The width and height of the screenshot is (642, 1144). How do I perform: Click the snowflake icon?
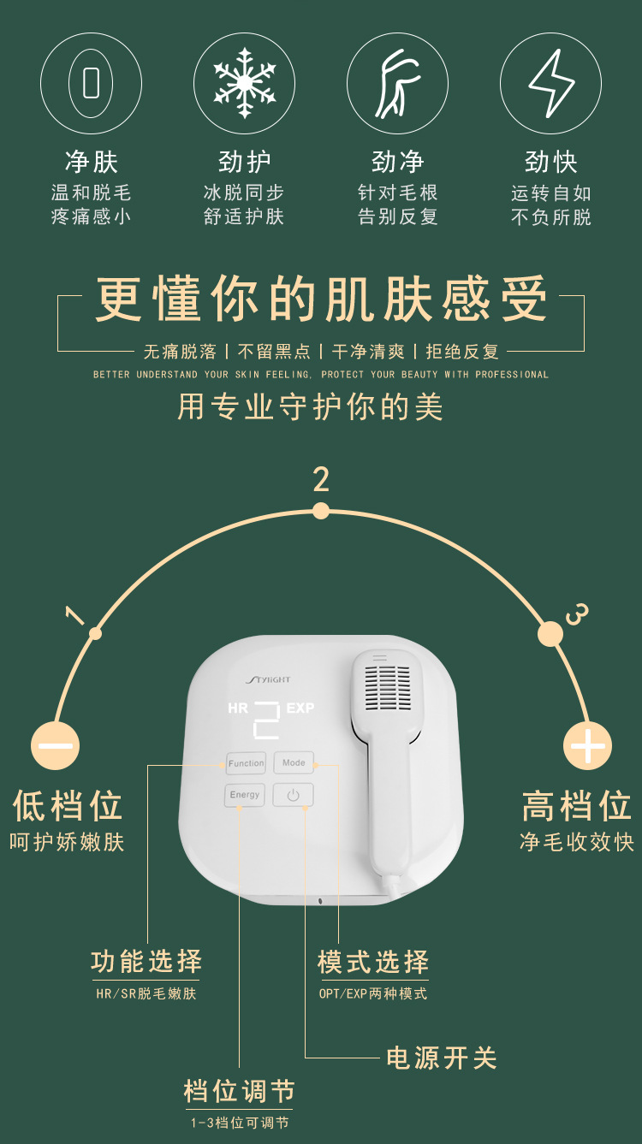245,83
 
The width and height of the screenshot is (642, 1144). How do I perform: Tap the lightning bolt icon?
550,83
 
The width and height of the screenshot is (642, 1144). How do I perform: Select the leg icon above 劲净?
397,83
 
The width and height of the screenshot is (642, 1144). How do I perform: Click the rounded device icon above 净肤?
91,83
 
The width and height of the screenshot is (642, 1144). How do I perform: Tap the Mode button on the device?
294,762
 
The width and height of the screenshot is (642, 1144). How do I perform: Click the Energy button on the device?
245,795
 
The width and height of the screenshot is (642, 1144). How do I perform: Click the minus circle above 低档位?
55,745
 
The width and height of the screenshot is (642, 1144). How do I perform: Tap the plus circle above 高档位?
587,745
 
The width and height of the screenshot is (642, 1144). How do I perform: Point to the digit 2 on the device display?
266,720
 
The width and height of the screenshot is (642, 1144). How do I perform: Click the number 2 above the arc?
321,479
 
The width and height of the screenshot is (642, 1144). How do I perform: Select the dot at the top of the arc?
321,511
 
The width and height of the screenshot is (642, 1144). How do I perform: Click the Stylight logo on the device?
268,679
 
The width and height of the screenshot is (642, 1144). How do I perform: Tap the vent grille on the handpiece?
388,688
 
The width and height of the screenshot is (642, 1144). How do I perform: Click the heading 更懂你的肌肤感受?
321,299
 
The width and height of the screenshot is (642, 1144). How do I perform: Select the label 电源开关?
442,1058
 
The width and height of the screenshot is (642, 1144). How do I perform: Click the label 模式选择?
373,962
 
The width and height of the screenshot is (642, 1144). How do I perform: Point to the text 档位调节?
239,1091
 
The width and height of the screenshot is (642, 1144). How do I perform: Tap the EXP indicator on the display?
300,708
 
